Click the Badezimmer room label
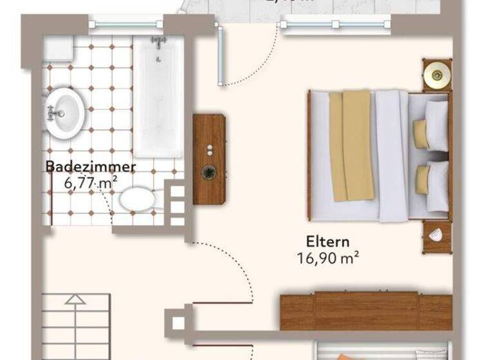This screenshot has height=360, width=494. [x=90, y=167]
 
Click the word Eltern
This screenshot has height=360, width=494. [x=327, y=242]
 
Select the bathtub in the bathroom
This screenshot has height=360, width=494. [x=158, y=96]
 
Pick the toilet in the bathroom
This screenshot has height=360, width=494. [x=136, y=199]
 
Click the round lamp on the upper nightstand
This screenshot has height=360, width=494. [x=437, y=75]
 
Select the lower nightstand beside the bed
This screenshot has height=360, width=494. [x=437, y=236]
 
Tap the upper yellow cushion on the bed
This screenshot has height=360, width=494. [x=421, y=134]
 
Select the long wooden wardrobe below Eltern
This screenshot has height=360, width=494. [x=366, y=311]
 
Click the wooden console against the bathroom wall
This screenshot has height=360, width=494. [x=209, y=159]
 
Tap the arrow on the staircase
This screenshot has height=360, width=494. [x=75, y=299]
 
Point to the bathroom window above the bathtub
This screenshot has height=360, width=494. [x=125, y=24]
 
